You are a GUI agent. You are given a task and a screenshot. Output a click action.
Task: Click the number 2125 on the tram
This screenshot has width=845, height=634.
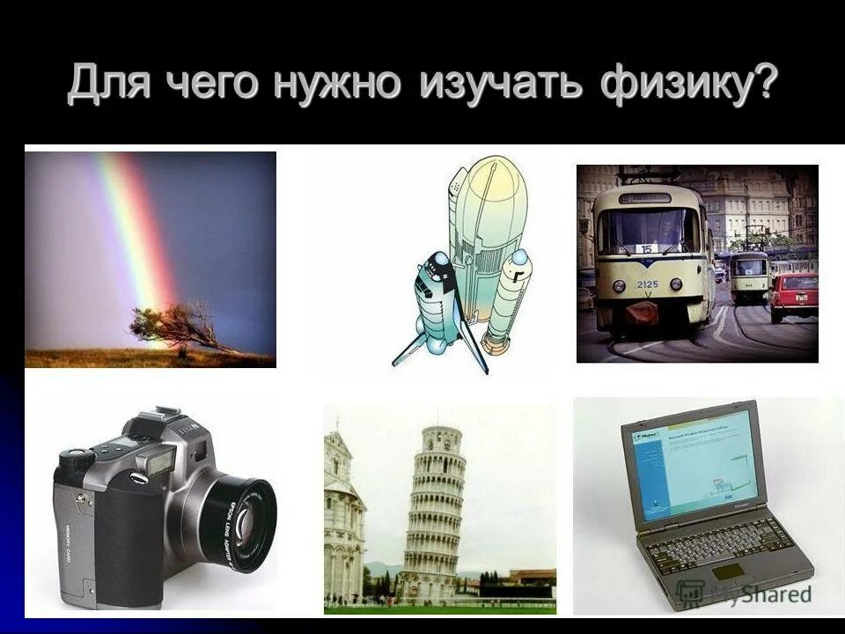(649, 284)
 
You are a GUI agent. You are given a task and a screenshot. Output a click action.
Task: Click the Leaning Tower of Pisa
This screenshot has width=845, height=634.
(433, 511)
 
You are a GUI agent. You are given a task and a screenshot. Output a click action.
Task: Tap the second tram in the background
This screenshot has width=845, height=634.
(749, 275)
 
